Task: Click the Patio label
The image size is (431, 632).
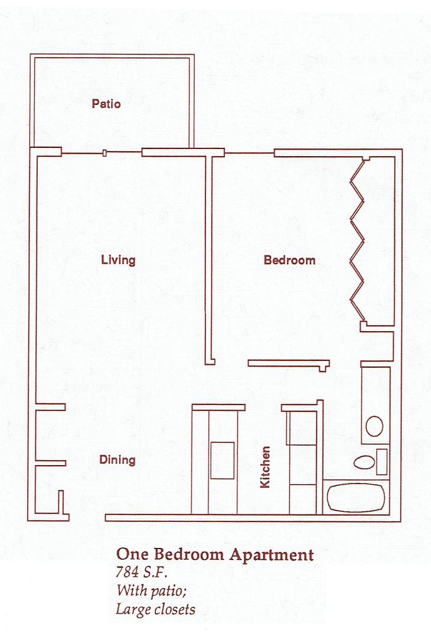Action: pyautogui.click(x=106, y=104)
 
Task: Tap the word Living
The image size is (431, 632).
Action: pyautogui.click(x=118, y=260)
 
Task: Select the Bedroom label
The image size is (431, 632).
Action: pyautogui.click(x=289, y=260)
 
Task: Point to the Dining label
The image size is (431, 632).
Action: pyautogui.click(x=118, y=459)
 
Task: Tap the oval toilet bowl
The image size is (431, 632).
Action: pyautogui.click(x=364, y=461)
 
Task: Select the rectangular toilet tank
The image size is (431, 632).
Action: pyautogui.click(x=381, y=461)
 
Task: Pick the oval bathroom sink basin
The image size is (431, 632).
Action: pyautogui.click(x=374, y=427)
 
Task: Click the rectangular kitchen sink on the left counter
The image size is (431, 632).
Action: pyautogui.click(x=222, y=460)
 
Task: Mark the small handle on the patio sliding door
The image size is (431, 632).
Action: pyautogui.click(x=104, y=152)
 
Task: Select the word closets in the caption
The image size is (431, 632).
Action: pyautogui.click(x=174, y=609)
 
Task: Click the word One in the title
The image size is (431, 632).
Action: pyautogui.click(x=130, y=555)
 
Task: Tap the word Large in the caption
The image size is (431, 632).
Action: pyautogui.click(x=133, y=609)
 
